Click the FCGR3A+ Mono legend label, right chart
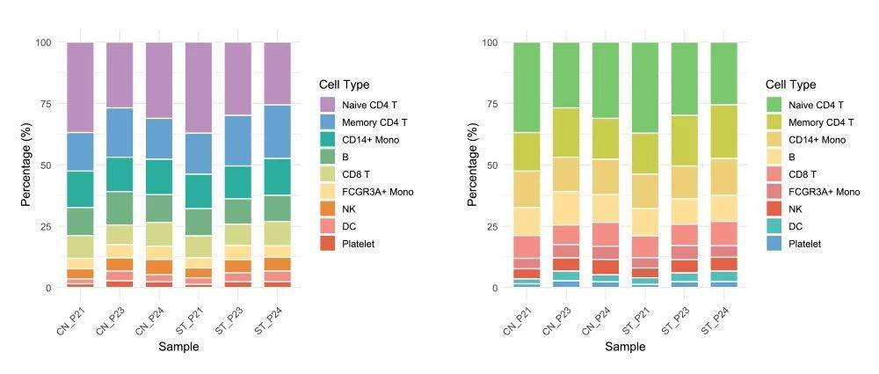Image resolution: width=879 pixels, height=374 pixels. click(x=825, y=191)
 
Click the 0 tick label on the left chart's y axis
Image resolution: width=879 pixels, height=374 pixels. click(x=49, y=288)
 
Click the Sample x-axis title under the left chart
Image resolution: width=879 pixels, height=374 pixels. click(x=178, y=347)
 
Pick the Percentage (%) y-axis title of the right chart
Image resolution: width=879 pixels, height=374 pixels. click(x=472, y=165)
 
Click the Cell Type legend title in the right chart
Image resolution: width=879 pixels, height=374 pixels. click(x=790, y=84)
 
